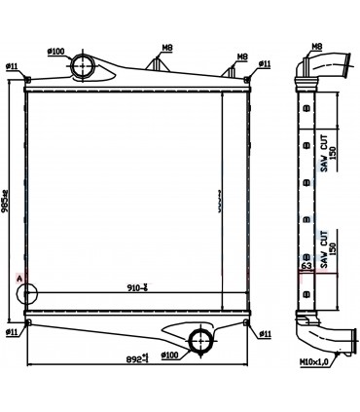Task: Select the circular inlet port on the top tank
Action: tap(83, 66)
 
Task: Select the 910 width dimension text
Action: tap(138, 287)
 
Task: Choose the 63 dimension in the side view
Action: tap(306, 264)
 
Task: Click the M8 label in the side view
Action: tap(317, 47)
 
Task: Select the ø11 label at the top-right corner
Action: tap(264, 65)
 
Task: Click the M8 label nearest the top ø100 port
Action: tap(167, 47)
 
